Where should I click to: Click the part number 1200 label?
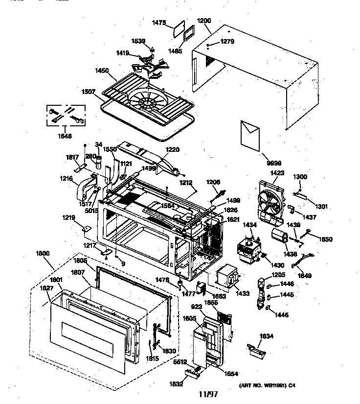pyautogui.click(x=204, y=22)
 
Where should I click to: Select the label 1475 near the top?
pyautogui.click(x=159, y=23)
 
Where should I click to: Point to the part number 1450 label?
pyautogui.click(x=102, y=71)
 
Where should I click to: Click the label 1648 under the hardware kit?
pyautogui.click(x=65, y=136)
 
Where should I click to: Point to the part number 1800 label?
pyautogui.click(x=44, y=254)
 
